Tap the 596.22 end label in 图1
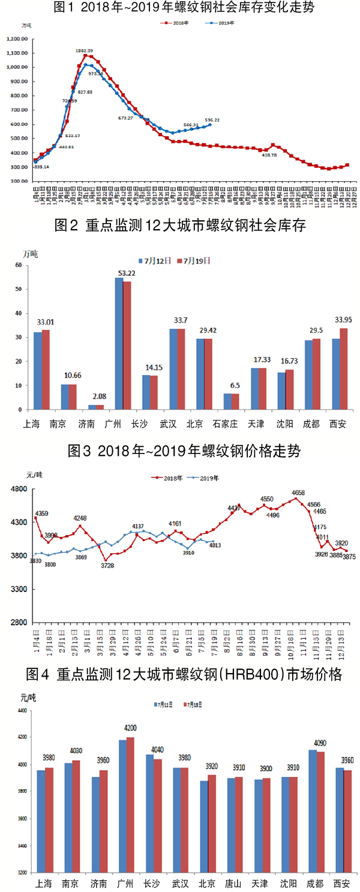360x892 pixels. point(212,119)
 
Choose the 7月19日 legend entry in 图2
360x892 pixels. point(197,261)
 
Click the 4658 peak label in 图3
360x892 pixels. point(299,494)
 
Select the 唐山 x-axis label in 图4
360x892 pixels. point(233,884)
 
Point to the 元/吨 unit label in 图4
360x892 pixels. point(28,698)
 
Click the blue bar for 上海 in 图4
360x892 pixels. point(41,821)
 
